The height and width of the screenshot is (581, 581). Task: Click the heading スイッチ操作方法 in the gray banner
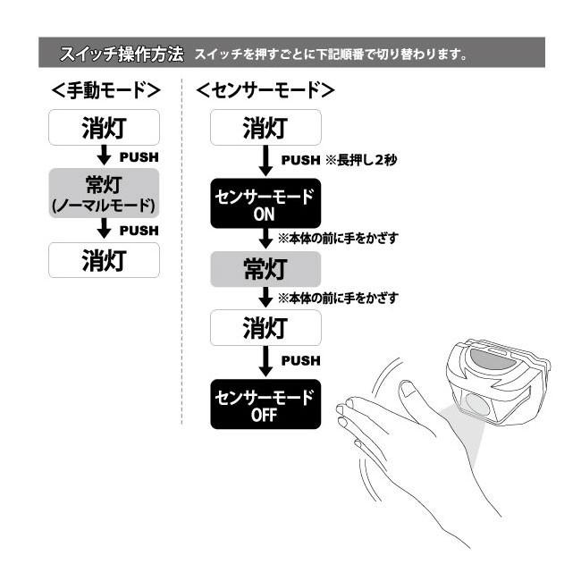[122, 54]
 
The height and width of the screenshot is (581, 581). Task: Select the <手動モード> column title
[105, 90]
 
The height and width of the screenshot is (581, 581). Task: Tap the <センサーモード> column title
[265, 90]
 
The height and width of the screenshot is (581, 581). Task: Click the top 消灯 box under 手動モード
[105, 128]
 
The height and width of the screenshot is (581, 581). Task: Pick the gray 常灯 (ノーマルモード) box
[105, 192]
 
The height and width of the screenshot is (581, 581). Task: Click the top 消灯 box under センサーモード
[265, 128]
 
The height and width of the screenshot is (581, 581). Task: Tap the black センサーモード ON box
[265, 204]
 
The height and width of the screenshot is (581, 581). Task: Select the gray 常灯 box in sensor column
[265, 268]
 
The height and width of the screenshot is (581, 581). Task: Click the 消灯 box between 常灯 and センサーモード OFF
[265, 327]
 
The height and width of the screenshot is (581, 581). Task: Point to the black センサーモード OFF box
[265, 403]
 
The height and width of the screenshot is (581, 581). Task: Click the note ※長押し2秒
[361, 160]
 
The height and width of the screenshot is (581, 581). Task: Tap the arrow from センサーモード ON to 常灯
[265, 238]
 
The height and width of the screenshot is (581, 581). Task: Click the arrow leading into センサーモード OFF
[265, 361]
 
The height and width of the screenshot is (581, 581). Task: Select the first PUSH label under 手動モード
[139, 156]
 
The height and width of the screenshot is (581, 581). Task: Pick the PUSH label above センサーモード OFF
[300, 360]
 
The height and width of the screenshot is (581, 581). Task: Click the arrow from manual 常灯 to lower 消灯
[105, 230]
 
